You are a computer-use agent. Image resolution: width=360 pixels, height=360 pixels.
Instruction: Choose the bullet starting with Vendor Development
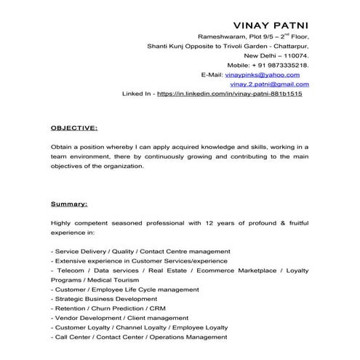click(x=110, y=318)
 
